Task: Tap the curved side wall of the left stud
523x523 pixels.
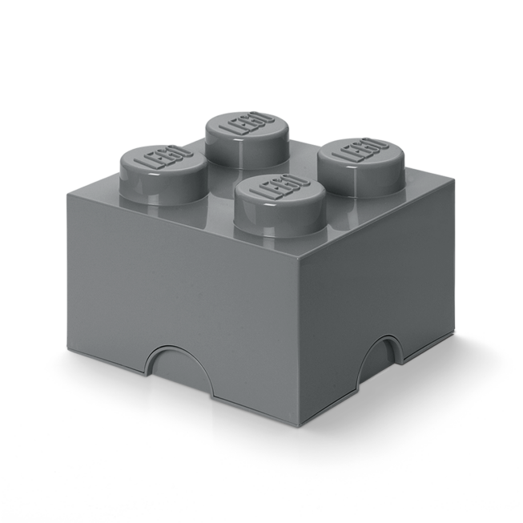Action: click(144, 183)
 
